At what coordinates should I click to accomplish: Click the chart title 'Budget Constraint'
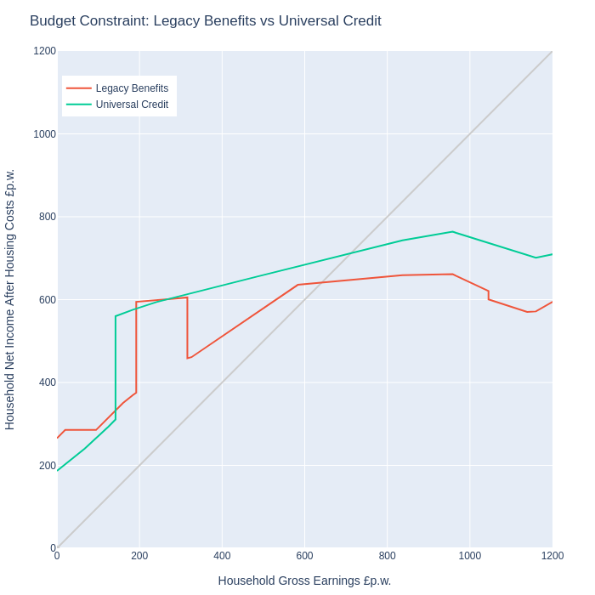89,21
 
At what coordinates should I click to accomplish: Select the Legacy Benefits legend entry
117,88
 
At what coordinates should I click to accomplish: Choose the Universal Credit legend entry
117,105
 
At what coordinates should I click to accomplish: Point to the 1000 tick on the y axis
45,134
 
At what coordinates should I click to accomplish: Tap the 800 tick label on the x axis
387,556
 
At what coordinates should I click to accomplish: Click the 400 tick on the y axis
48,382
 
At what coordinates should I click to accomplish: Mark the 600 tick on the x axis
304,556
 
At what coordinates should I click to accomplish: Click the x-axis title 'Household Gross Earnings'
289,581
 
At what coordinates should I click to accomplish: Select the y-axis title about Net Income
9,300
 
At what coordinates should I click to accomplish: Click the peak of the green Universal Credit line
452,231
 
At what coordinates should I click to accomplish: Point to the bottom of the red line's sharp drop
188,358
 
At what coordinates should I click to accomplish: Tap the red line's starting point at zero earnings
57,438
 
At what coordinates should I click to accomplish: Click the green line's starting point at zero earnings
57,471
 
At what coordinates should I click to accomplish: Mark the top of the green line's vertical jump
116,316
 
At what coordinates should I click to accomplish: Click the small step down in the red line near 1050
489,295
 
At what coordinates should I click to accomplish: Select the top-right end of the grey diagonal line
552,51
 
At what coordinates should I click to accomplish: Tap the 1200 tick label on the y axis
45,51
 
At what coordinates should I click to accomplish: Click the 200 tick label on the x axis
139,556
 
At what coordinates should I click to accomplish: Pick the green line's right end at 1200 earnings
552,254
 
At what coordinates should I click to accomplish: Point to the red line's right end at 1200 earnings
552,302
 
